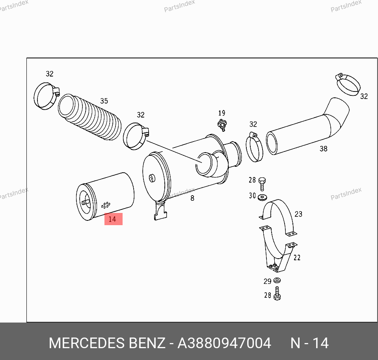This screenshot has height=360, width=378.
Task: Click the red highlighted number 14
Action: click(112, 219)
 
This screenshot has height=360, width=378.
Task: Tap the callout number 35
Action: click(104, 101)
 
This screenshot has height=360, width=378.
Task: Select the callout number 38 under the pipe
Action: click(324, 149)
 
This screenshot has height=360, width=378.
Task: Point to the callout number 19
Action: click(222, 113)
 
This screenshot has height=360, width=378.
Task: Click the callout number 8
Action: click(192, 198)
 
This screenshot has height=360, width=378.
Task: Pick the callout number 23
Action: click(298, 214)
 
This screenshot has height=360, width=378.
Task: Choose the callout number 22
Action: click(297, 257)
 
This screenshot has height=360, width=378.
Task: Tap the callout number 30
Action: click(252, 195)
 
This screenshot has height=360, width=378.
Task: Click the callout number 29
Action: click(267, 281)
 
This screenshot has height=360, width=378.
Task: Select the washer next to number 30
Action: click(262, 198)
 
